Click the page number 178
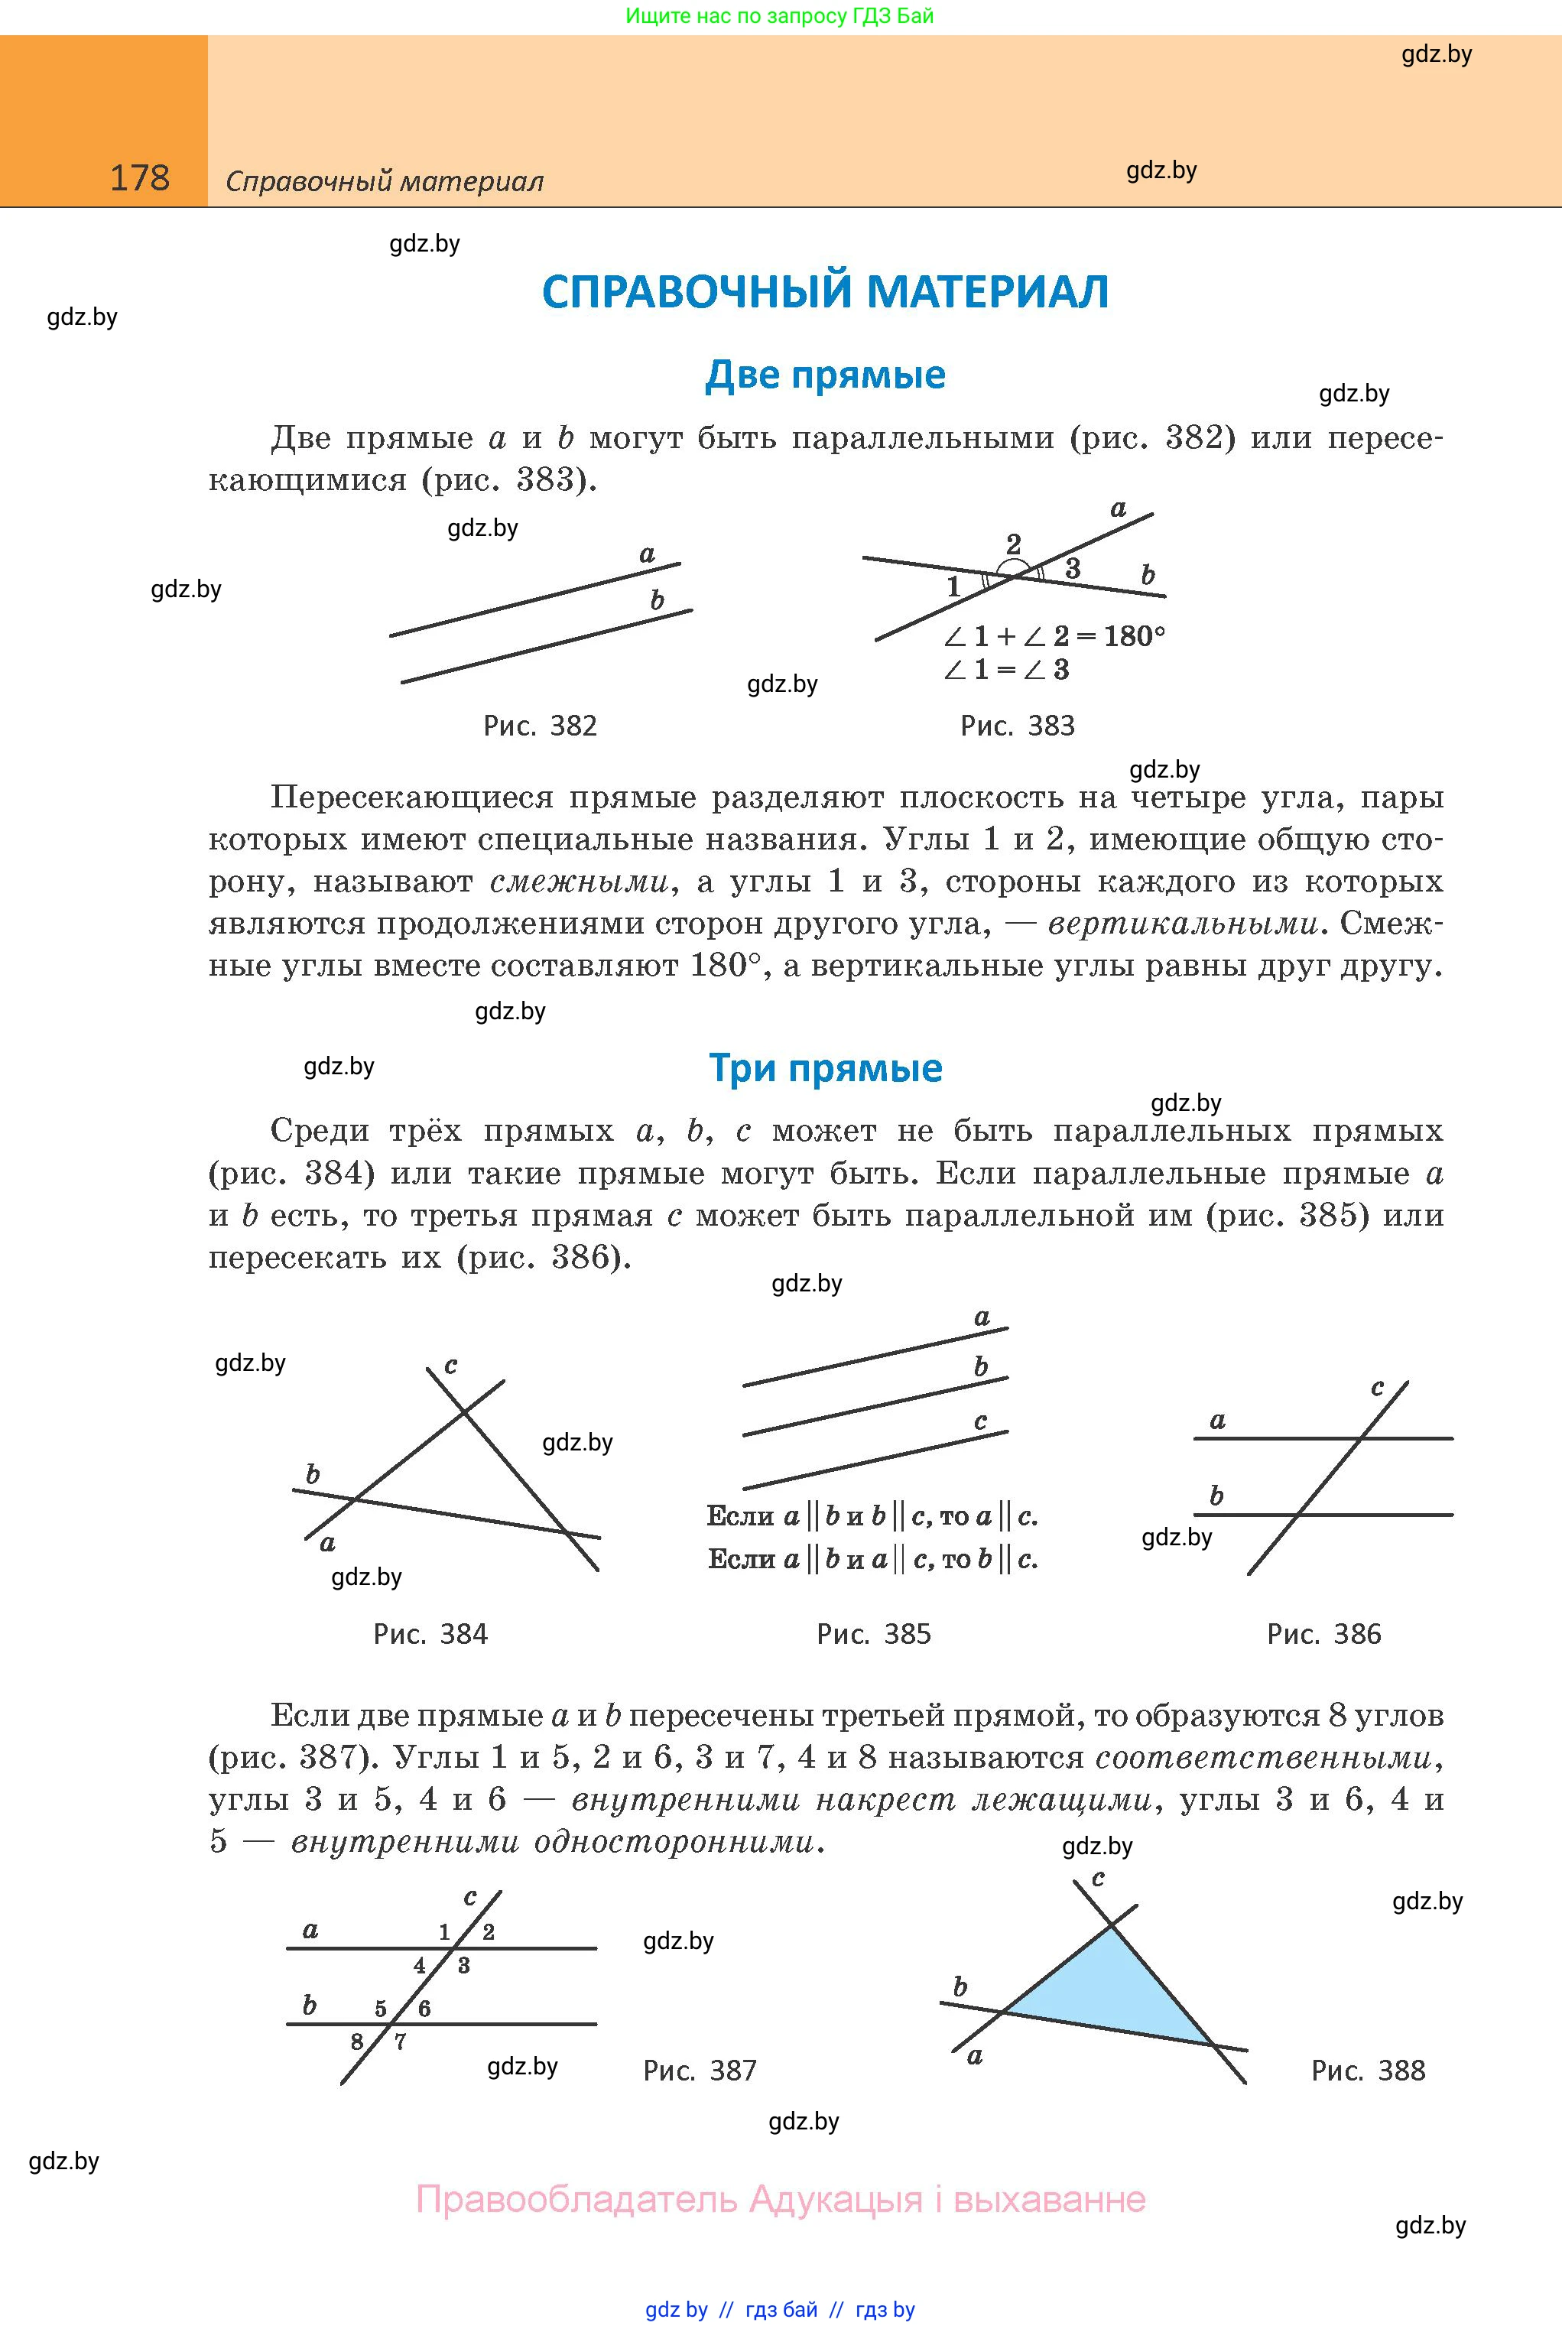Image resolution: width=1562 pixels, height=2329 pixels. (139, 178)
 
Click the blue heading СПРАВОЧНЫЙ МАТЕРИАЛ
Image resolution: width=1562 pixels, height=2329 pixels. (825, 292)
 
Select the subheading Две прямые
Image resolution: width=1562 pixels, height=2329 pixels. (825, 375)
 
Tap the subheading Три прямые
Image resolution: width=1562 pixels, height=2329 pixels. (825, 1068)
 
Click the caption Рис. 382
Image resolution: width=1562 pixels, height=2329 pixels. (540, 725)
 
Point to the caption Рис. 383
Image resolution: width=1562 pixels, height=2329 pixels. (1017, 725)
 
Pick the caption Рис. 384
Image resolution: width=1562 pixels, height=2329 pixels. (430, 1634)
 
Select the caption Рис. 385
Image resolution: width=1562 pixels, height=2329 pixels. (874, 1634)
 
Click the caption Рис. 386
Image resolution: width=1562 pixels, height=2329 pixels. (1324, 1634)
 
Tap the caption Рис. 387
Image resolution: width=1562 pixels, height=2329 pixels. (700, 2071)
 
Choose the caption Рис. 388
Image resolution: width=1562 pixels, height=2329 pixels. (1368, 2071)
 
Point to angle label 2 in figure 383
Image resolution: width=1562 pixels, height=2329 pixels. (1013, 544)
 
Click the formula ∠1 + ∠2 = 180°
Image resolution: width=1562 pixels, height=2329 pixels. (1054, 635)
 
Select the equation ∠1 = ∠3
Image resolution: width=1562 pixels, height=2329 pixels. (1006, 669)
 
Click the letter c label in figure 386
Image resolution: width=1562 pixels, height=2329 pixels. (1377, 1388)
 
